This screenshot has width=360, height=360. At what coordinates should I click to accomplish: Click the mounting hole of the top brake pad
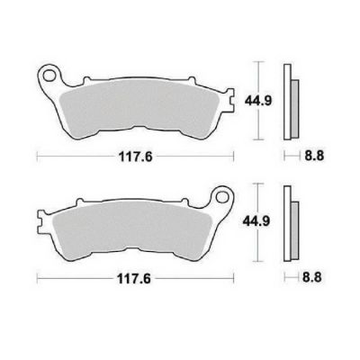coord(48,76)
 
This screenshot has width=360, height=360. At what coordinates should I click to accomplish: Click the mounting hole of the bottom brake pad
coord(222,197)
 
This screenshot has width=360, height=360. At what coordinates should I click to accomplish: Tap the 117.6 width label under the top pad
coord(136,157)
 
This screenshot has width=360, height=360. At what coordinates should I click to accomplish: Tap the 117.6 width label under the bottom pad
coord(133,279)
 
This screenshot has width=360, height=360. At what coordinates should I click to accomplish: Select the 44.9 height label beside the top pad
coord(258,101)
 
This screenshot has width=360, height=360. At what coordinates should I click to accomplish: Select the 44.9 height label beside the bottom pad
coord(256,221)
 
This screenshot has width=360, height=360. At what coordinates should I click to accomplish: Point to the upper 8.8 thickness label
coord(314,156)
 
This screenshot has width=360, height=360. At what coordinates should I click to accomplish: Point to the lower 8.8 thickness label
coord(312,277)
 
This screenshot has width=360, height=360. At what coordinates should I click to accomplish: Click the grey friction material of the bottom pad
coord(132,228)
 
